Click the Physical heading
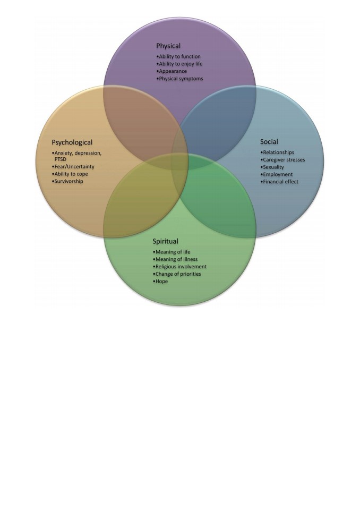click(x=168, y=46)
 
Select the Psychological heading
click(x=72, y=142)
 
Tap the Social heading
click(x=269, y=141)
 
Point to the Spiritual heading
click(x=166, y=241)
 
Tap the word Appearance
click(x=173, y=71)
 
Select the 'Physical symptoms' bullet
click(x=180, y=79)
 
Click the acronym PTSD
click(x=60, y=159)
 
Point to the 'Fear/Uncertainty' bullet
click(x=73, y=166)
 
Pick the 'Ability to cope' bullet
click(x=70, y=174)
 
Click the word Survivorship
click(x=69, y=181)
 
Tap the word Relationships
click(x=279, y=152)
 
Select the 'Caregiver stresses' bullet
click(x=283, y=160)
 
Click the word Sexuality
click(x=273, y=167)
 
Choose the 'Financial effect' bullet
click(x=279, y=182)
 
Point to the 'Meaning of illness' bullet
click(x=175, y=259)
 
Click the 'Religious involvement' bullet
click(x=180, y=267)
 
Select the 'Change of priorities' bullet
click(x=177, y=274)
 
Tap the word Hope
click(x=161, y=282)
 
